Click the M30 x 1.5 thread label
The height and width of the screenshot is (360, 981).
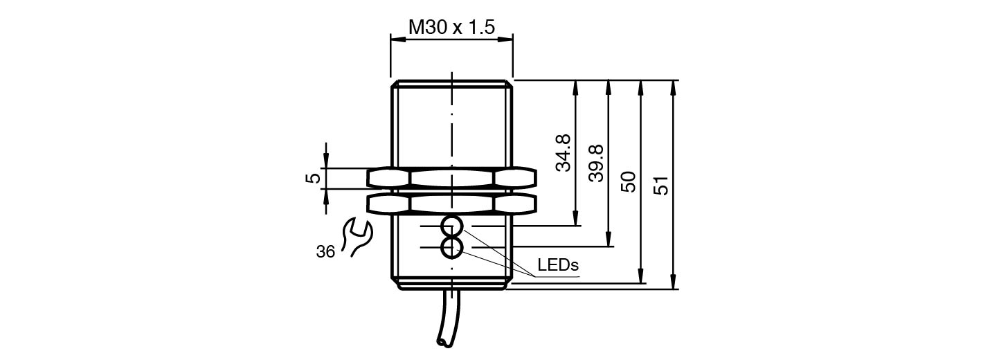(x=451, y=27)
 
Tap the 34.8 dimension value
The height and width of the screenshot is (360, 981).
(x=564, y=153)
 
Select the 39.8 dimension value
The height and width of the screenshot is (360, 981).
(x=596, y=163)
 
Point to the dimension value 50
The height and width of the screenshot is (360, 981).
(x=629, y=181)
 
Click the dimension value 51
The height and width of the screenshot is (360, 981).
(x=662, y=185)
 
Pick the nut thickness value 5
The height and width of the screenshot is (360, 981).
(x=314, y=178)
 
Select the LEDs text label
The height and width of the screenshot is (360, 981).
(x=557, y=265)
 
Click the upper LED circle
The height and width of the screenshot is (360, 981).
(x=451, y=226)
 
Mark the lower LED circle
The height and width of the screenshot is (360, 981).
(x=451, y=246)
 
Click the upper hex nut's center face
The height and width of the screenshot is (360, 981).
(x=451, y=178)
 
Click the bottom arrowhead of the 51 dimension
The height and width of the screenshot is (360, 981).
(x=673, y=285)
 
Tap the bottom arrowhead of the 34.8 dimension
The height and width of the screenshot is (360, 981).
(x=575, y=222)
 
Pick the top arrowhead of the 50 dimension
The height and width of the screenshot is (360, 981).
(x=641, y=84)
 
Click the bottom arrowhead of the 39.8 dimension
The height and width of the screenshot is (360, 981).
(x=608, y=242)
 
